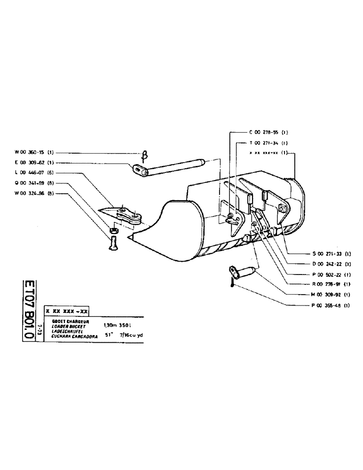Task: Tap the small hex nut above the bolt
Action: coord(113,231)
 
